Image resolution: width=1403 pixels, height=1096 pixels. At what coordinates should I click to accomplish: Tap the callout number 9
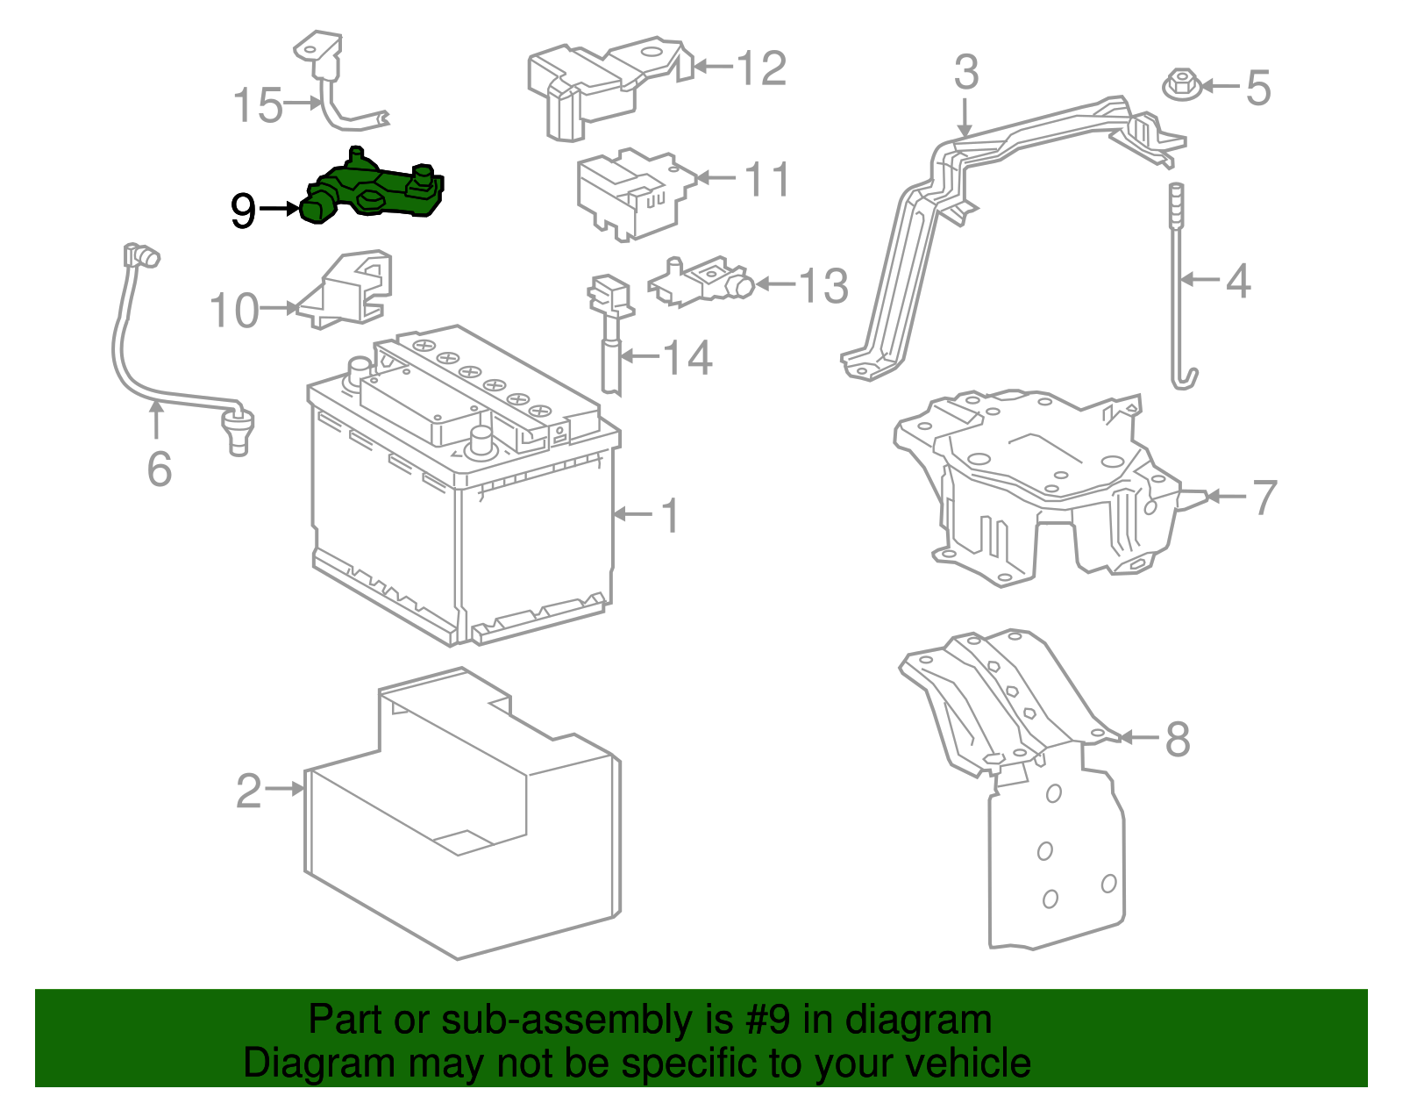(243, 211)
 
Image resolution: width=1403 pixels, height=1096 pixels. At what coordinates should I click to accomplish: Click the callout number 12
(761, 68)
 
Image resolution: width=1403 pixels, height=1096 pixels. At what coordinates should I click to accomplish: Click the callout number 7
(1264, 497)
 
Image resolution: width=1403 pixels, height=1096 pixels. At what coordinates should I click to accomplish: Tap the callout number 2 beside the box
(249, 791)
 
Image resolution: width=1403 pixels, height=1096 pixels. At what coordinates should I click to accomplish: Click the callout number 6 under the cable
(159, 469)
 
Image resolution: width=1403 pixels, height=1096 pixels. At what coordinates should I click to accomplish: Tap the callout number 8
(1177, 738)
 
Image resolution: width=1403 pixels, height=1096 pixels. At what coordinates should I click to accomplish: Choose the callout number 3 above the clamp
(965, 73)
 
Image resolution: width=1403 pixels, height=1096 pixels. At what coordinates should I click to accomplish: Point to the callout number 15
(258, 105)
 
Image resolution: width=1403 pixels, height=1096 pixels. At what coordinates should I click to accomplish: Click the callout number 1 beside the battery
(670, 515)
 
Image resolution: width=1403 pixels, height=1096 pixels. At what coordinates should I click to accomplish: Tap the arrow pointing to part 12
(712, 66)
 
